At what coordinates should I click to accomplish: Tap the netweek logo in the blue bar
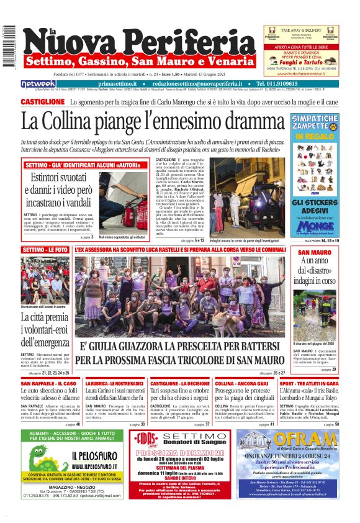[x=38, y=83]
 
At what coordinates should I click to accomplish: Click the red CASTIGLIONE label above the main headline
[x=43, y=102]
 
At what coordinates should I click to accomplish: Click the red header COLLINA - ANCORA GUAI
[x=241, y=384]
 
